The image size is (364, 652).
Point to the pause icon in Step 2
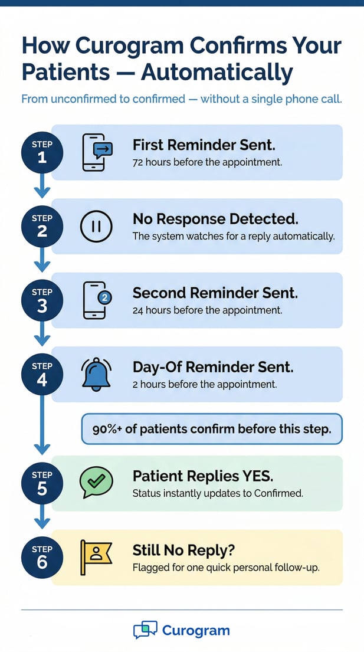(x=96, y=226)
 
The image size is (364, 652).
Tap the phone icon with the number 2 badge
(x=96, y=300)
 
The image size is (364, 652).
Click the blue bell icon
(x=96, y=373)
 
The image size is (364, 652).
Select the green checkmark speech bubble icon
(x=96, y=483)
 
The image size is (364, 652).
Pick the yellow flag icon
(x=96, y=557)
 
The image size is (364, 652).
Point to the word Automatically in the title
(x=217, y=72)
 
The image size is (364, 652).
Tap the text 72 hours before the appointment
(x=207, y=161)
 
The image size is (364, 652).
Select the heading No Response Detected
(x=215, y=219)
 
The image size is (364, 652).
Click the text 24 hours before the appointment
(x=207, y=309)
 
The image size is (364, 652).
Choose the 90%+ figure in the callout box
(x=107, y=429)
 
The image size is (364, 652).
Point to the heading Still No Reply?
(x=183, y=550)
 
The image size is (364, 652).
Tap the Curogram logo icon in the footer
(x=145, y=630)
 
